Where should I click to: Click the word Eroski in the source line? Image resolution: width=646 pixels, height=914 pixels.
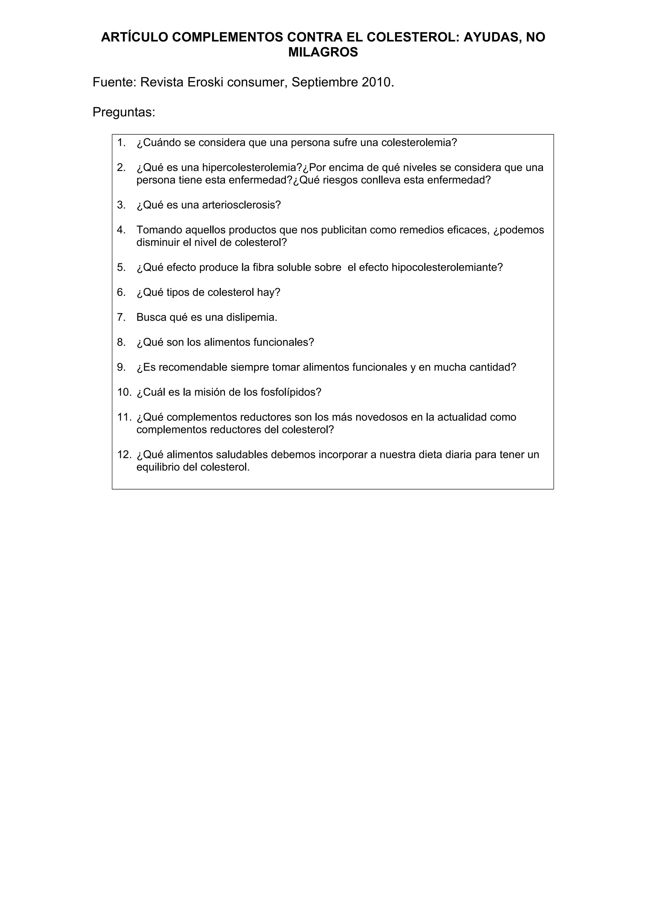pos(205,82)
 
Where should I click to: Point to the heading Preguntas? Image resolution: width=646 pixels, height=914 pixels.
pos(124,112)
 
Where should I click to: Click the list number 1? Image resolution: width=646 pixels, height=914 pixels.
pos(121,143)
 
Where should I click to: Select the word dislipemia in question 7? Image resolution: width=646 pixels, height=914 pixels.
pos(251,317)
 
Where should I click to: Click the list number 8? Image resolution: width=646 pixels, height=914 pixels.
pos(121,342)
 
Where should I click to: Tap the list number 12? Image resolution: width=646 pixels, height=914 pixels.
pos(124,454)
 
